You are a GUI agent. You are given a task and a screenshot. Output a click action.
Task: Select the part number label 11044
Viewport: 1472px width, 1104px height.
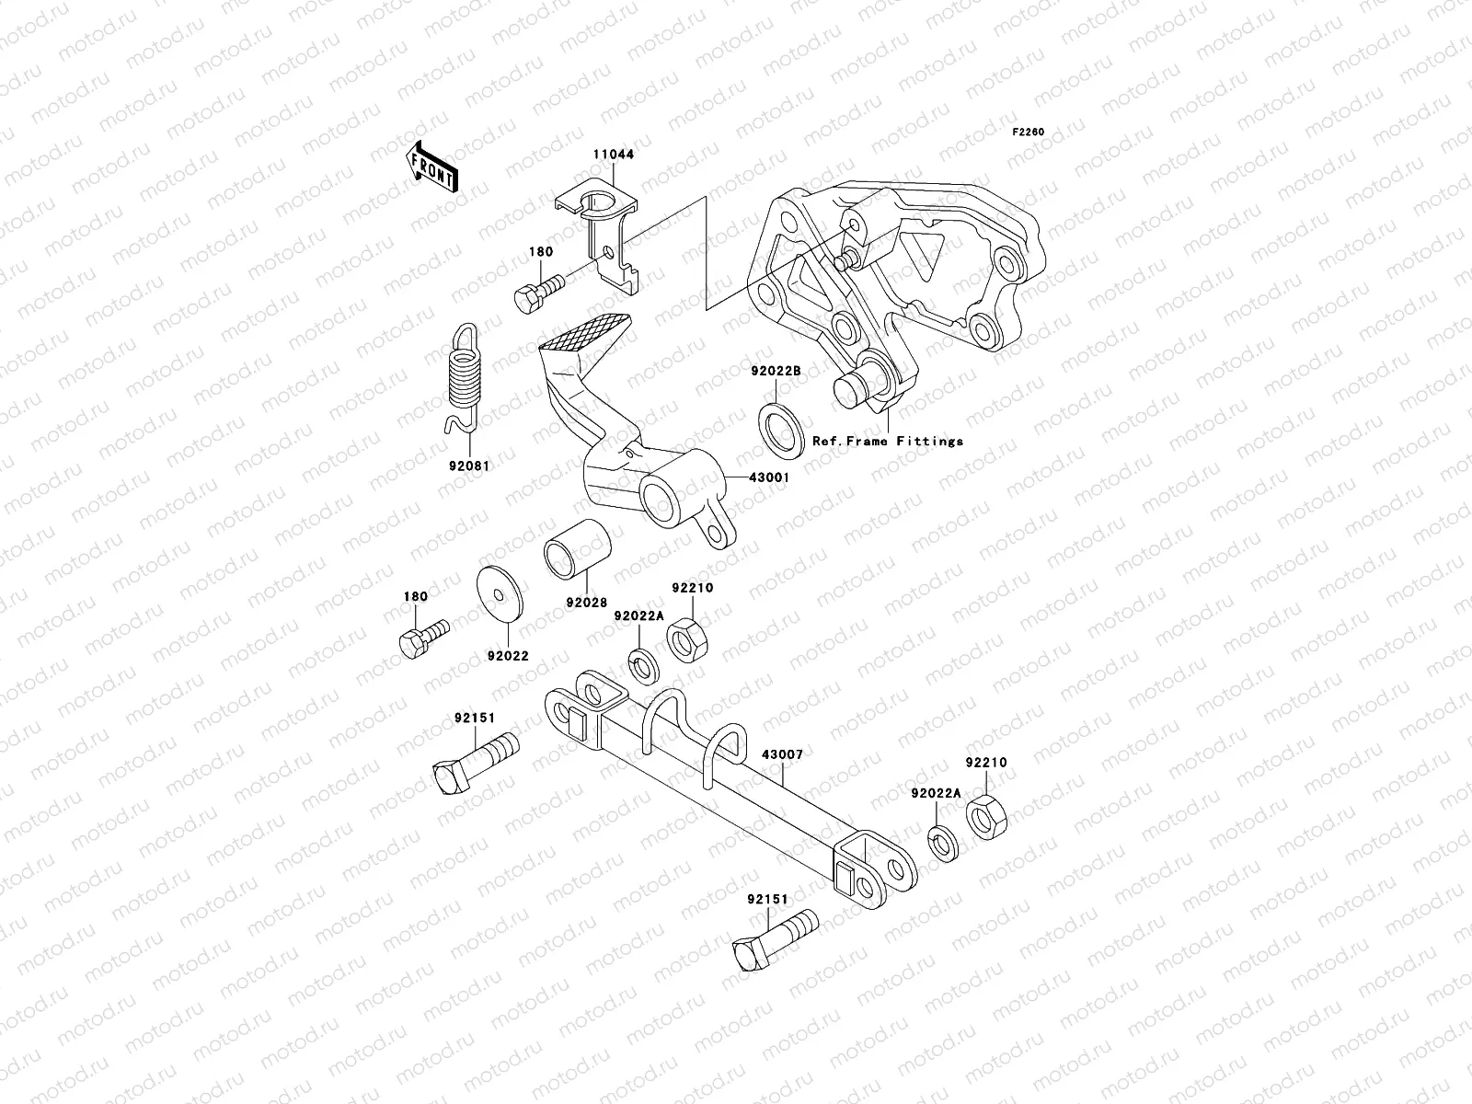(612, 155)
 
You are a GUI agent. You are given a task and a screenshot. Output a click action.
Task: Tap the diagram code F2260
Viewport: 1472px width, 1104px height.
(1029, 132)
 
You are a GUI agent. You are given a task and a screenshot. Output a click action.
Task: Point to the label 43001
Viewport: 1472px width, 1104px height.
(769, 477)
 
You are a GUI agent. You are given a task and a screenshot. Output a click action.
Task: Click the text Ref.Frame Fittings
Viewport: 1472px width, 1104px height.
(887, 442)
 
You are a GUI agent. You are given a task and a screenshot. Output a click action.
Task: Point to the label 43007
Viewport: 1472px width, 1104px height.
(782, 754)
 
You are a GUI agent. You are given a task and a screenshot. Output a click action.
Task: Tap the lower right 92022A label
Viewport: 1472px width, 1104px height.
(936, 793)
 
